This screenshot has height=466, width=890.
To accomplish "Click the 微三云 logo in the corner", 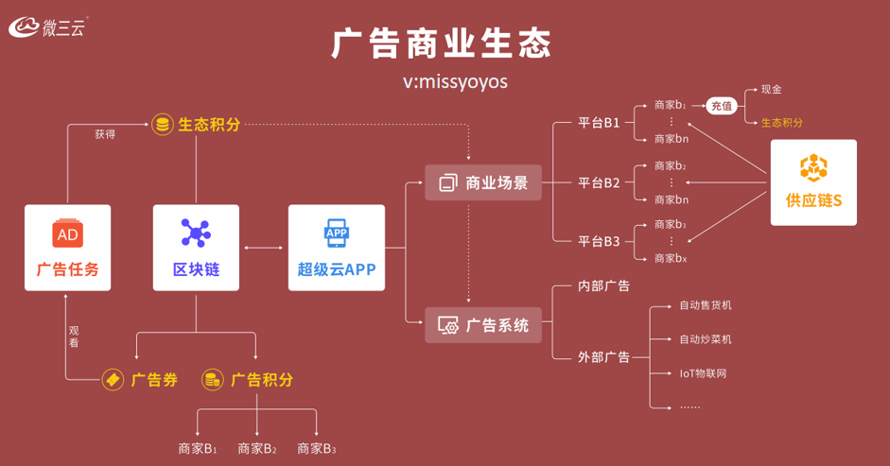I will click(48, 27).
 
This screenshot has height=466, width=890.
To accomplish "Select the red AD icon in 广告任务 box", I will click(67, 233).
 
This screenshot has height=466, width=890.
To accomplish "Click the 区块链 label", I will click(196, 269).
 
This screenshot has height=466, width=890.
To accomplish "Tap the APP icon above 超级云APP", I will click(336, 233).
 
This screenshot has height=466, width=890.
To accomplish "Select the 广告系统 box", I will click(482, 325).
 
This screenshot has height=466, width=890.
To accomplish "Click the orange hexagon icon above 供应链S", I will click(813, 168).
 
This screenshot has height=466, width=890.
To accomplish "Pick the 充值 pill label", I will click(722, 106).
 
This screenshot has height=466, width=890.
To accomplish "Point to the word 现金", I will click(771, 89).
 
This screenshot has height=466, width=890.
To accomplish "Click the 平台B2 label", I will click(600, 182).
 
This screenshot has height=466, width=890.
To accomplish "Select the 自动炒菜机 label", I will click(705, 338).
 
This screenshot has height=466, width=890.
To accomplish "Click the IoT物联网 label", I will click(703, 373).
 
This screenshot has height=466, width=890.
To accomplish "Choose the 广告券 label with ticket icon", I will click(141, 380).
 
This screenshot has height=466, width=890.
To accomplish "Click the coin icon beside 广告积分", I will click(212, 380).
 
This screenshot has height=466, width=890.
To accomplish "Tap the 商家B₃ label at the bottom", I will click(317, 448).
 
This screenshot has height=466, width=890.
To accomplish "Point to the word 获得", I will click(105, 134).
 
